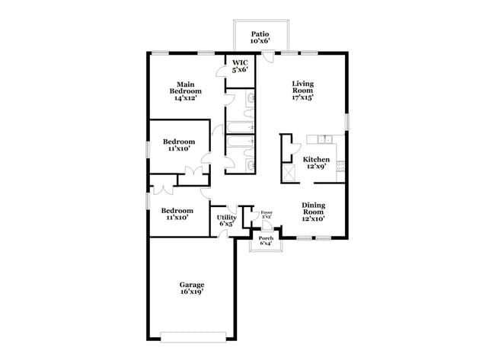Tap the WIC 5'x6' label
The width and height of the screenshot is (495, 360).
coord(240,66)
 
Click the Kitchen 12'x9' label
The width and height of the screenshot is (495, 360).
coord(316,163)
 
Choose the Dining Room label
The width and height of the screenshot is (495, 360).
coord(314,210)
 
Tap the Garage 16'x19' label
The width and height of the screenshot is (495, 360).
coord(192,288)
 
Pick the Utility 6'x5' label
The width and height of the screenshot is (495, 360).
coord(227,221)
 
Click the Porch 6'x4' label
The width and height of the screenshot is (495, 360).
coord(266,241)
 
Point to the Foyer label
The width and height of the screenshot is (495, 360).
coord(267,212)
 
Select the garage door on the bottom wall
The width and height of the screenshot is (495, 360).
coord(194,335)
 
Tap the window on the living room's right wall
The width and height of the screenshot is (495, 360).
coord(346,121)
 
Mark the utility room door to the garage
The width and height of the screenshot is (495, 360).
coord(225,233)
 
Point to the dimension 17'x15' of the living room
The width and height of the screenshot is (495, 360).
coord(303,97)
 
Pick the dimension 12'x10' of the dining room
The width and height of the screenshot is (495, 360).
coord(314,218)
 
